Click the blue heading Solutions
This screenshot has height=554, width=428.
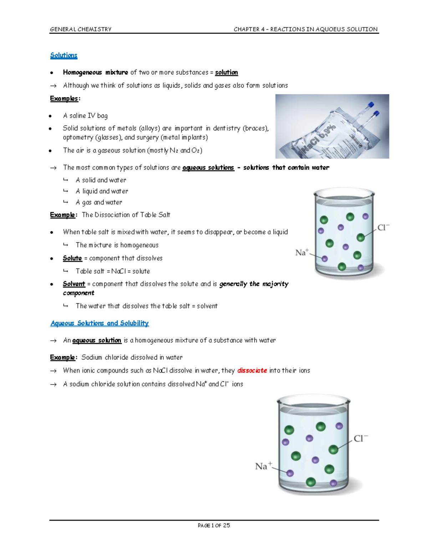click(63, 55)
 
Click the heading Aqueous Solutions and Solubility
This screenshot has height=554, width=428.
click(100, 323)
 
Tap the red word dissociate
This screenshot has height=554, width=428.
click(252, 371)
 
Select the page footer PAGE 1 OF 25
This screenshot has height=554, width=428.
click(214, 525)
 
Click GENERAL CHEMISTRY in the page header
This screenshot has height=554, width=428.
click(81, 29)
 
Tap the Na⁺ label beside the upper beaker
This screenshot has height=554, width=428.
click(302, 253)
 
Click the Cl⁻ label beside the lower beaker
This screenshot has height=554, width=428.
click(361, 438)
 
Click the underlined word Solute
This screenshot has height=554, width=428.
click(72, 258)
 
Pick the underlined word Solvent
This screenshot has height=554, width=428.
click(74, 284)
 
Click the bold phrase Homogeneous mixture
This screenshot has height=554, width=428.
click(95, 72)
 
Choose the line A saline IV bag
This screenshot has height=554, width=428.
click(85, 116)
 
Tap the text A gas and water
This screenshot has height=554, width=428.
click(99, 202)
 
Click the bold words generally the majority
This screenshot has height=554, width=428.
click(254, 284)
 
